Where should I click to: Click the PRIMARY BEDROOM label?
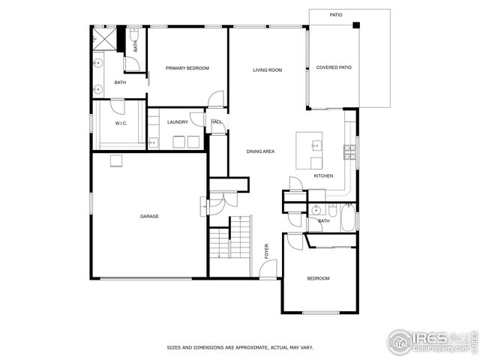coord(187,68)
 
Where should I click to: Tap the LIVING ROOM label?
coord(267,70)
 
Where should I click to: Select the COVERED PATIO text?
coord(334,67)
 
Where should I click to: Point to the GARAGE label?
coord(149,217)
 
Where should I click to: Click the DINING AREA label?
coord(260,152)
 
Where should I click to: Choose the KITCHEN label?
coord(323,176)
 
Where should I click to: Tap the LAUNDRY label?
coord(178,122)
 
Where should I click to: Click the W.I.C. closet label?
coord(120,123)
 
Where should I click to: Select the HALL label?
coord(216,122)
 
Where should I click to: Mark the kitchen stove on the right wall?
coord(349,152)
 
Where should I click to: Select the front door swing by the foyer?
coord(269,268)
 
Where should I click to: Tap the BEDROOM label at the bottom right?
coord(318,279)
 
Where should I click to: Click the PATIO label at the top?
coord(336,15)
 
